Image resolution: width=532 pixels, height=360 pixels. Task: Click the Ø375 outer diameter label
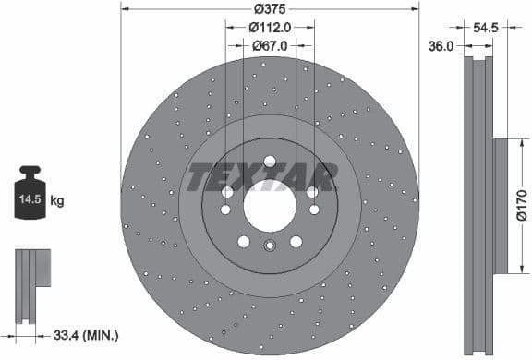click(270, 8)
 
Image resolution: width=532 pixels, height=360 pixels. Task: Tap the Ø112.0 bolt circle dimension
click(270, 27)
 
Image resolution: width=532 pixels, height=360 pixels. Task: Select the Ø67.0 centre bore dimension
click(270, 45)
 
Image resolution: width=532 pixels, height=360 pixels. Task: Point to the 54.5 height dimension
click(485, 28)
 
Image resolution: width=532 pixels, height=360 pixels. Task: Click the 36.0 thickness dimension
click(441, 45)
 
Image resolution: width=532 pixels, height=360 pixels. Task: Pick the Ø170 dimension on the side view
click(521, 206)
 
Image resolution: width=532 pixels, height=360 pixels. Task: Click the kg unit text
click(56, 199)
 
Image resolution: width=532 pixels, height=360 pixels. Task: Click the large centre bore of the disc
click(270, 207)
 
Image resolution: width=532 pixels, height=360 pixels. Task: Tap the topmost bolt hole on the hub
click(270, 162)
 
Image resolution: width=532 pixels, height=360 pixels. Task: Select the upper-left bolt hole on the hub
click(227, 192)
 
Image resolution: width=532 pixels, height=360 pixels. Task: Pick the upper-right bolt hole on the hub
click(312, 192)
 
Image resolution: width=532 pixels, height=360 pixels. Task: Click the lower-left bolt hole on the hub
click(243, 242)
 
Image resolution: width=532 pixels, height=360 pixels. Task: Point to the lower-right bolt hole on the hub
click(296, 242)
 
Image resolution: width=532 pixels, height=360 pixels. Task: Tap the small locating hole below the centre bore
click(270, 246)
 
